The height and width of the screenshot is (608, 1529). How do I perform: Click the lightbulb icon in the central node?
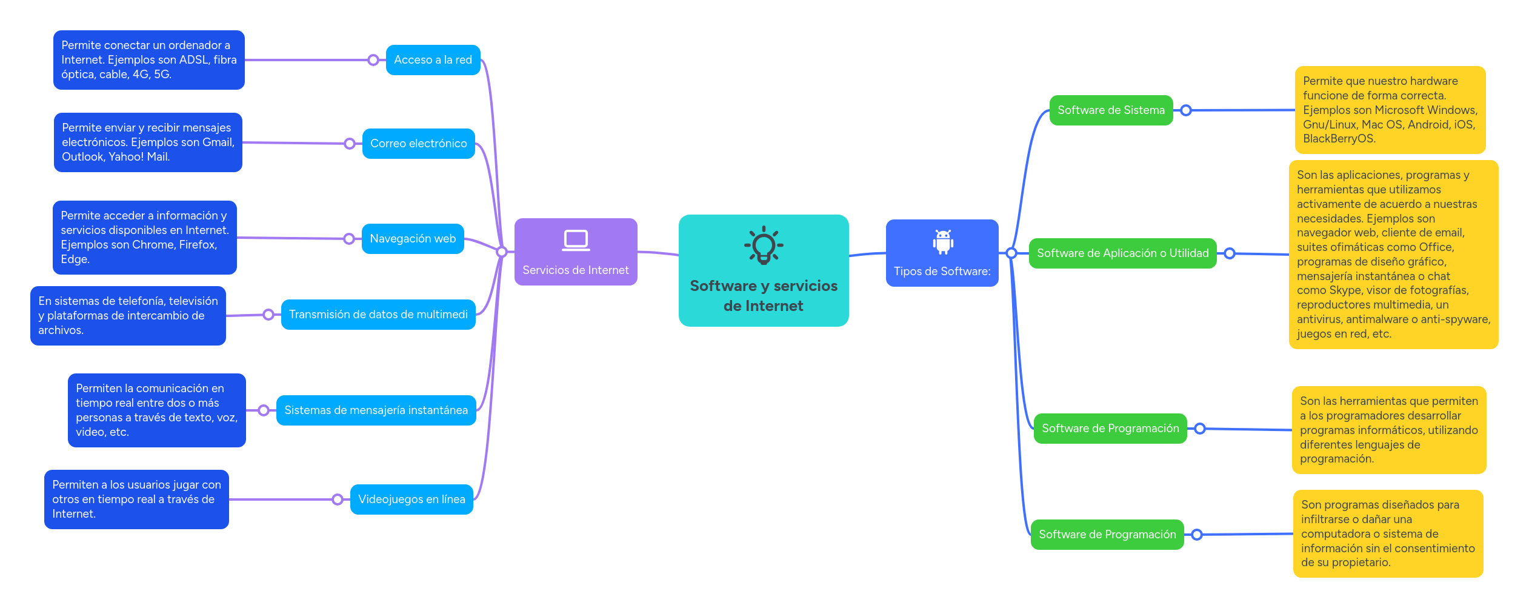[x=764, y=245]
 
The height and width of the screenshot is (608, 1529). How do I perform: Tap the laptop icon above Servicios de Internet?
[x=576, y=240]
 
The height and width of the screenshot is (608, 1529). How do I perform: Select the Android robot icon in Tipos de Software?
[x=943, y=242]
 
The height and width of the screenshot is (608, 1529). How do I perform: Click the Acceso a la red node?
[x=433, y=60]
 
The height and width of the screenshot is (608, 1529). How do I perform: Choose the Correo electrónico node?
[x=418, y=144]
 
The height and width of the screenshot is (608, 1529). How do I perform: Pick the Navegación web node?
[x=413, y=239]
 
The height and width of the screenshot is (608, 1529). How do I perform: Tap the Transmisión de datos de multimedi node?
[x=378, y=315]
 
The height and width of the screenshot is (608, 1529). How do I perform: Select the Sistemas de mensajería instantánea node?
[x=376, y=410]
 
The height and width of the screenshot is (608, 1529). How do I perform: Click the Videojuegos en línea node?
[x=411, y=499]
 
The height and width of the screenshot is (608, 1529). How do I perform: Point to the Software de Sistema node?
[x=1111, y=110]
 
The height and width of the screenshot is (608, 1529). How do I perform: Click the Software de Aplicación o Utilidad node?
[x=1122, y=253]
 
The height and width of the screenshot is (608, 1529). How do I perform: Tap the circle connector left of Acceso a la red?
[x=373, y=60]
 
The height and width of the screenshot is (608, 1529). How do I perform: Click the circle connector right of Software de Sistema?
[x=1186, y=110]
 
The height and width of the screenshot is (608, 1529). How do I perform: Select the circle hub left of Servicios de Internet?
[x=502, y=252]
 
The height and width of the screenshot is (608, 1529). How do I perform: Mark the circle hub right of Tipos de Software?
[x=1011, y=253]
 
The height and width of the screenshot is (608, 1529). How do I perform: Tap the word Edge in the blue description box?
[x=74, y=259]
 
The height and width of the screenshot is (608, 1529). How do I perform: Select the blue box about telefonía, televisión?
[x=128, y=316]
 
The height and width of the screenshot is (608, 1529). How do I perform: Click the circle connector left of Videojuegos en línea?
[x=338, y=499]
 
